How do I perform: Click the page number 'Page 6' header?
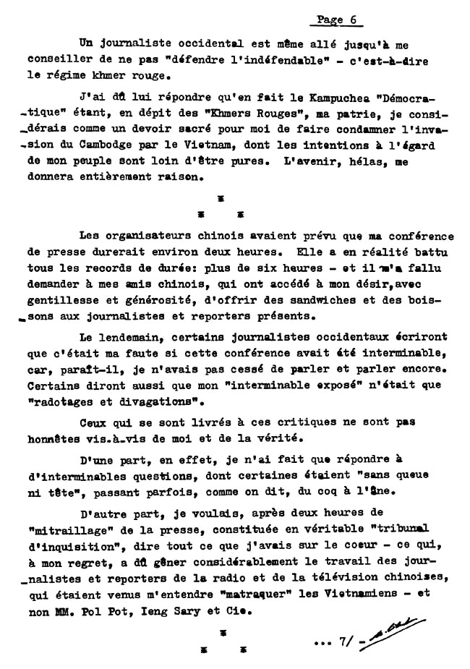(338, 20)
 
